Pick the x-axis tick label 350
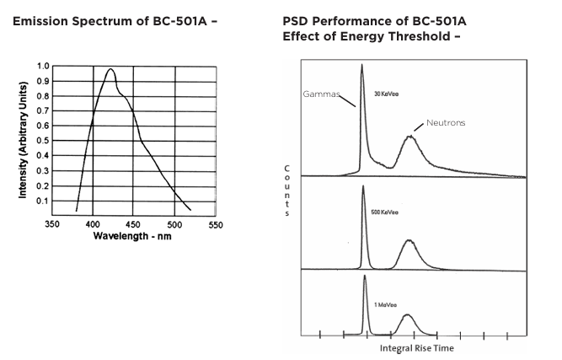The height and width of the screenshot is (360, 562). (51, 225)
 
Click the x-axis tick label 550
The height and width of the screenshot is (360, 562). (215, 225)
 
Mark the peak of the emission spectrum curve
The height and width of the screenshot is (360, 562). (110, 70)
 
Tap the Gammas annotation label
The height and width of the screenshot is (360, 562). (320, 94)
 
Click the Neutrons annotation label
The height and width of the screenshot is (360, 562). (446, 122)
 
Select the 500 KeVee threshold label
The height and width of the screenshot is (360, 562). (384, 210)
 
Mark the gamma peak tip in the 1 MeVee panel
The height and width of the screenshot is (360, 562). (365, 276)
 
